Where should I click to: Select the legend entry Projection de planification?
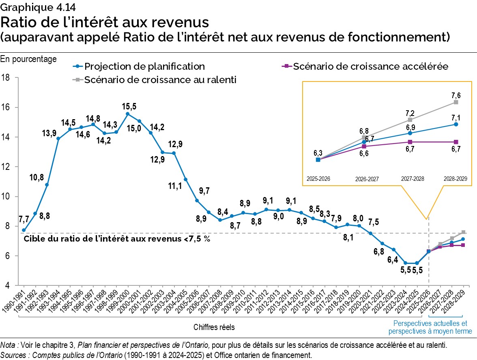tap(144, 66)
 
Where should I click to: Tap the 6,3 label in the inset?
tap(318, 152)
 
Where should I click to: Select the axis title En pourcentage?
tap(28, 59)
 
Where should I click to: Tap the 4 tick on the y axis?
tap(8, 285)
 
